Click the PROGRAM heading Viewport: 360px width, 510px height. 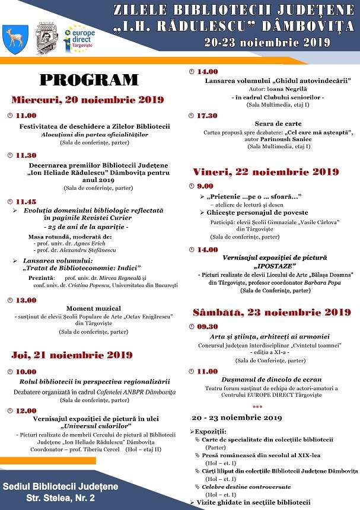tap(88, 79)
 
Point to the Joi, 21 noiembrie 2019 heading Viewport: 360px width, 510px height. tap(72, 355)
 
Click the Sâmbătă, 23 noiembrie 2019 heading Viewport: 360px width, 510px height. tap(272, 312)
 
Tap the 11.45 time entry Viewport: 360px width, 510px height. tap(26, 202)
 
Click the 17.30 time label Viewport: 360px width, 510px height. tap(207, 116)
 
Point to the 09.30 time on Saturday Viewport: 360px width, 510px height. tap(208, 326)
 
